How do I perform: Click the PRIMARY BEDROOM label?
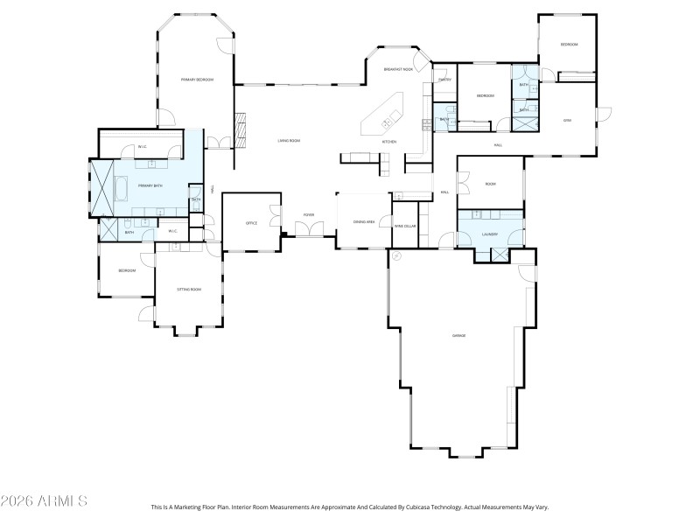197,80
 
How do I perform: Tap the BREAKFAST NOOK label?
398,69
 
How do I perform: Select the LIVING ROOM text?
290,140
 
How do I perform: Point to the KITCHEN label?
388,142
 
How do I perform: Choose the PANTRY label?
444,80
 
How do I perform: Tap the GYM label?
567,120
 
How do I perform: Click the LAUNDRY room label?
490,234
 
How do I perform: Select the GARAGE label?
458,336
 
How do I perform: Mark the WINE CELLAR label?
404,227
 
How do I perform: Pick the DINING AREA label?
364,222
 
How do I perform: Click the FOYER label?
309,214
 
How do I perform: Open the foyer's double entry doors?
309,229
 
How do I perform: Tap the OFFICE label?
251,223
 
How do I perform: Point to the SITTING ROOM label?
189,289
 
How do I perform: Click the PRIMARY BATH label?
150,185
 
